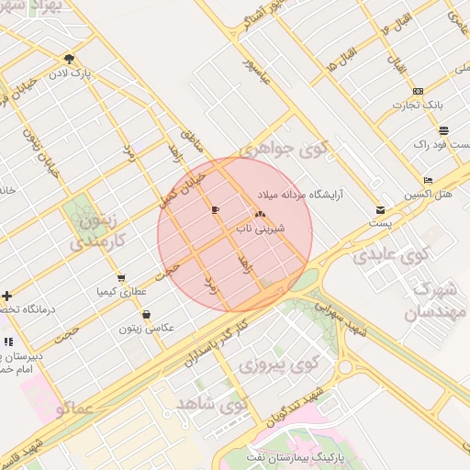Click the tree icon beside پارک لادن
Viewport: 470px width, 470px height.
[x=70, y=60]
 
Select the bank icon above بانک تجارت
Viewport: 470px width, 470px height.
[x=418, y=90]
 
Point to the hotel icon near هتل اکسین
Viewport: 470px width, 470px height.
[x=428, y=180]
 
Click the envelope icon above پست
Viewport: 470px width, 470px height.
[x=380, y=210]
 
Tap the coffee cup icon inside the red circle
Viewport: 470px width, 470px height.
[x=215, y=210]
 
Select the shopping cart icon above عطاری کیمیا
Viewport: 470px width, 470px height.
[x=120, y=278]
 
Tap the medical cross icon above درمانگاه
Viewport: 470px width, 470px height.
[x=7, y=296]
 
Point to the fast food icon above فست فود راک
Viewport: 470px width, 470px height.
[x=444, y=129]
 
